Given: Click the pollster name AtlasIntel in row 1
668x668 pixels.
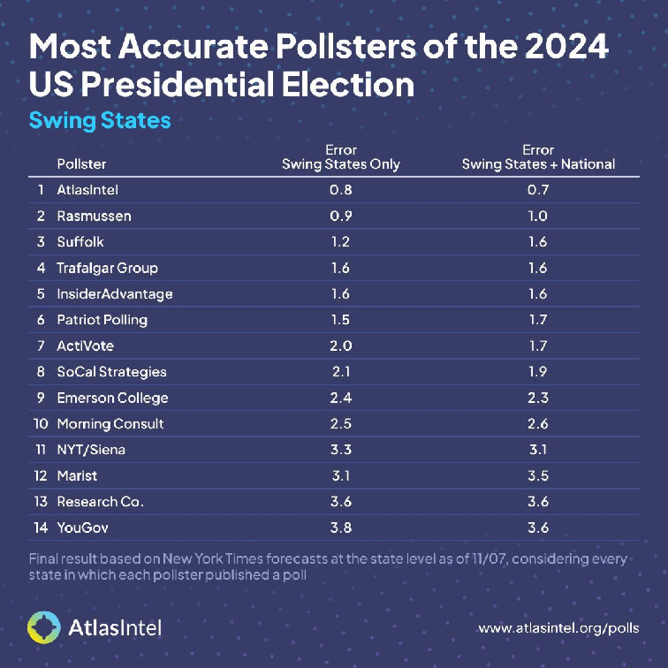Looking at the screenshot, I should click(88, 190).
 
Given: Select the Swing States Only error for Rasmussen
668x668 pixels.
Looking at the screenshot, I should click(340, 216).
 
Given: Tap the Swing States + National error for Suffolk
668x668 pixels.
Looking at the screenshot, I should click(537, 241).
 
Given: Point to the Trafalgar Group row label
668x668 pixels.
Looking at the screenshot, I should click(107, 268).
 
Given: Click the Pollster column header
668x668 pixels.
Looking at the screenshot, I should click(81, 163).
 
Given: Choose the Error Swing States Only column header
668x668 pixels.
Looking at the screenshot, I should click(340, 157).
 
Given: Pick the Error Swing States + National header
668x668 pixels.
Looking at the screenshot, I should click(538, 157).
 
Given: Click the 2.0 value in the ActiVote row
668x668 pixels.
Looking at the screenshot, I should click(340, 345).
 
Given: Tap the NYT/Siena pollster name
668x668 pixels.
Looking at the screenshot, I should click(91, 450).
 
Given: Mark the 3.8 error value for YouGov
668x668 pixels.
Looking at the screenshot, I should click(340, 528).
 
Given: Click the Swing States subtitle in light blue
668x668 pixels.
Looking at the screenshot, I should click(100, 120).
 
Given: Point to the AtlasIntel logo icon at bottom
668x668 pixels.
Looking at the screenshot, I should click(44, 627).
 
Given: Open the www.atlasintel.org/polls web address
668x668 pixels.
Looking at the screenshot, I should click(558, 628).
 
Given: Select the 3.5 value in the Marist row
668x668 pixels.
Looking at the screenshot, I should click(537, 475).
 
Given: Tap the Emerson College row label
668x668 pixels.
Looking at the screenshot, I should click(112, 398).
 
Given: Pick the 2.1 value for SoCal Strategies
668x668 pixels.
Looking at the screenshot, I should click(340, 372).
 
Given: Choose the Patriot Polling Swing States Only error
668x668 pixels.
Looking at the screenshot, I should click(340, 320).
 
